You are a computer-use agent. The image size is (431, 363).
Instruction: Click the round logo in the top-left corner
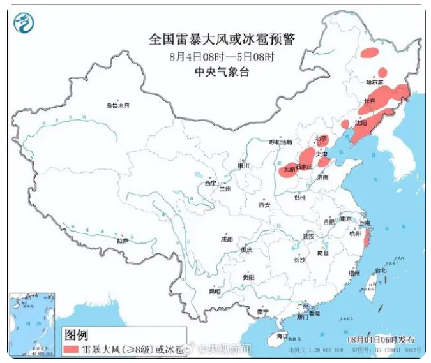click(24, 24)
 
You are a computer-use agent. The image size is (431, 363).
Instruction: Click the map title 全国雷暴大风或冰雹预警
click(222, 40)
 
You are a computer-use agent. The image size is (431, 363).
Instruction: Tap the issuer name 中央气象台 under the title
click(222, 71)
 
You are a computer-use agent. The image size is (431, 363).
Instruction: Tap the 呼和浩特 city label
click(280, 141)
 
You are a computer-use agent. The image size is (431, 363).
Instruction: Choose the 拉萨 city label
click(122, 241)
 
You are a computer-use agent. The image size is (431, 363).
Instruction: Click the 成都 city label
click(226, 239)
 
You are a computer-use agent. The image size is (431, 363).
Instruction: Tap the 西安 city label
click(264, 205)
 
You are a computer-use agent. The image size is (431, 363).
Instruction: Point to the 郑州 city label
click(299, 198)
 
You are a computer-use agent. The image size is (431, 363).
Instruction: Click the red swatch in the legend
click(71, 350)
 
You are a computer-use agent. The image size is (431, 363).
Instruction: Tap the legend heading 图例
click(76, 334)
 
